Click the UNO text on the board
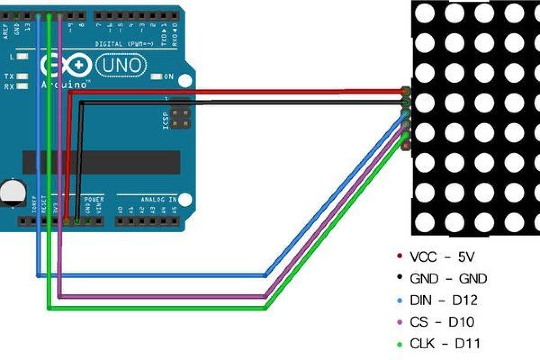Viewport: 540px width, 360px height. pos(121,66)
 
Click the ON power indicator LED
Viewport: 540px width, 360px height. pos(156,77)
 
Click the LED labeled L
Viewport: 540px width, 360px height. pos(22,57)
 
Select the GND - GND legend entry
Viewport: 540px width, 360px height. pos(448,279)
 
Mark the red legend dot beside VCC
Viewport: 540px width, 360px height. pos(399,256)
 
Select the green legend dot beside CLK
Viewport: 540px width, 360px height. pos(399,345)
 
